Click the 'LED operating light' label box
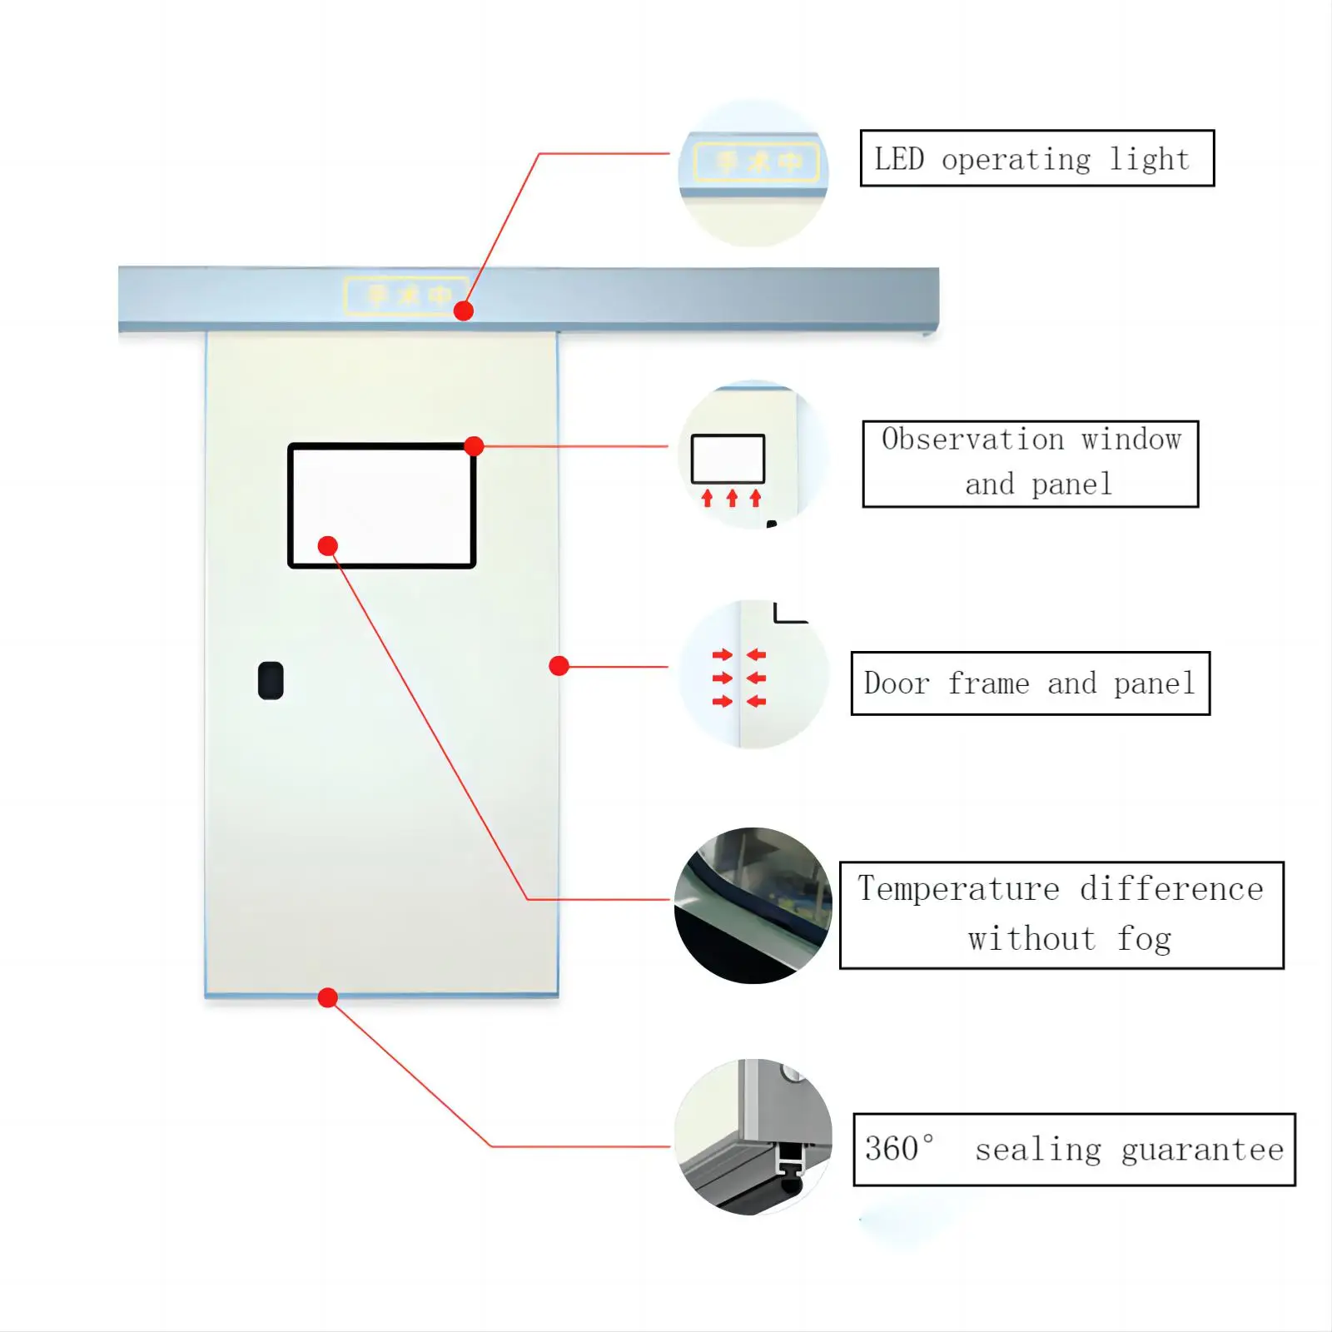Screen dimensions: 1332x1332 click(x=1036, y=158)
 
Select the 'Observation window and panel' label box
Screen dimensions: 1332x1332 click(x=1030, y=464)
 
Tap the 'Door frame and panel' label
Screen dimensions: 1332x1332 click(x=1030, y=683)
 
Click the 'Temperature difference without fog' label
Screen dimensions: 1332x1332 click(x=1061, y=915)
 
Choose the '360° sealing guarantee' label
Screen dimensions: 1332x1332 click(x=1074, y=1150)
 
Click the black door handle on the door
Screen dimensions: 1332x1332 click(x=271, y=681)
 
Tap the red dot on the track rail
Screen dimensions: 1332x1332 click(x=464, y=311)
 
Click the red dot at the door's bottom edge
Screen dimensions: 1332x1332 click(x=328, y=997)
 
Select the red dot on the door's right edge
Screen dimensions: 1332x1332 click(x=559, y=666)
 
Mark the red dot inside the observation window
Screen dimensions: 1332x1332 click(x=328, y=546)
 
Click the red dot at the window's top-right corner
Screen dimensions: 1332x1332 click(x=474, y=446)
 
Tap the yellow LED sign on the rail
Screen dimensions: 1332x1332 click(x=405, y=295)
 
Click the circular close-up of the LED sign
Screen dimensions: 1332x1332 click(x=753, y=173)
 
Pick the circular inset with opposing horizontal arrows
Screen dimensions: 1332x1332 click(x=753, y=674)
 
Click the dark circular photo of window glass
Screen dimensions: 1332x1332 click(x=753, y=906)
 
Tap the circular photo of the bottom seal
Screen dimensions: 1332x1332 click(x=753, y=1137)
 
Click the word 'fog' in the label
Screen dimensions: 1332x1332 click(x=1144, y=939)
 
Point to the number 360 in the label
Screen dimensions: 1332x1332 click(x=892, y=1150)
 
